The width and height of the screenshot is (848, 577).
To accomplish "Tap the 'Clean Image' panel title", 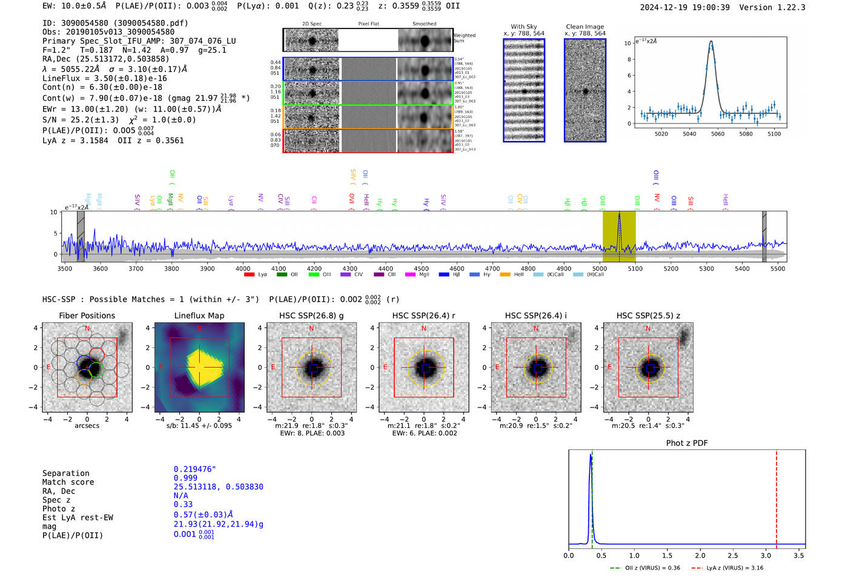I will (x=585, y=27).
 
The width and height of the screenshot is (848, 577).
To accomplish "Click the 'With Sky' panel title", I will (x=523, y=27).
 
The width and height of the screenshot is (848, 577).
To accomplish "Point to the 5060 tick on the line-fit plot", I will (x=717, y=134).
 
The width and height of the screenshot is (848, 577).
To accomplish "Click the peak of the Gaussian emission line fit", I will (x=711, y=42).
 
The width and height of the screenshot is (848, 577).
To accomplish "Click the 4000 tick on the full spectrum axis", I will (x=243, y=268).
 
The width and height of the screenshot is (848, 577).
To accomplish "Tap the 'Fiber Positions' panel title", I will (x=87, y=315).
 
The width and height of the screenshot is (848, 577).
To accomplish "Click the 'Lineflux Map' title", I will (x=199, y=315).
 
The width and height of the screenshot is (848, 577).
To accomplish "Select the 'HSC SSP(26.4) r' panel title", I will (x=423, y=315).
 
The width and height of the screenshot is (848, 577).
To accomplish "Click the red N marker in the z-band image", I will (x=648, y=329).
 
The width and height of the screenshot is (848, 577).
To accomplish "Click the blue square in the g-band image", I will (x=313, y=368).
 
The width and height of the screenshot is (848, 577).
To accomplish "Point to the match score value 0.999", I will (x=185, y=478).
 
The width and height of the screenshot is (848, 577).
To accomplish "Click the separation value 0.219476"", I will (x=194, y=469).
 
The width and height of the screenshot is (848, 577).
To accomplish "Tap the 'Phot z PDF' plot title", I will (x=686, y=443).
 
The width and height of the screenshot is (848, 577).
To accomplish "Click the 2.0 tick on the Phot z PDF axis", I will (x=700, y=555).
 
